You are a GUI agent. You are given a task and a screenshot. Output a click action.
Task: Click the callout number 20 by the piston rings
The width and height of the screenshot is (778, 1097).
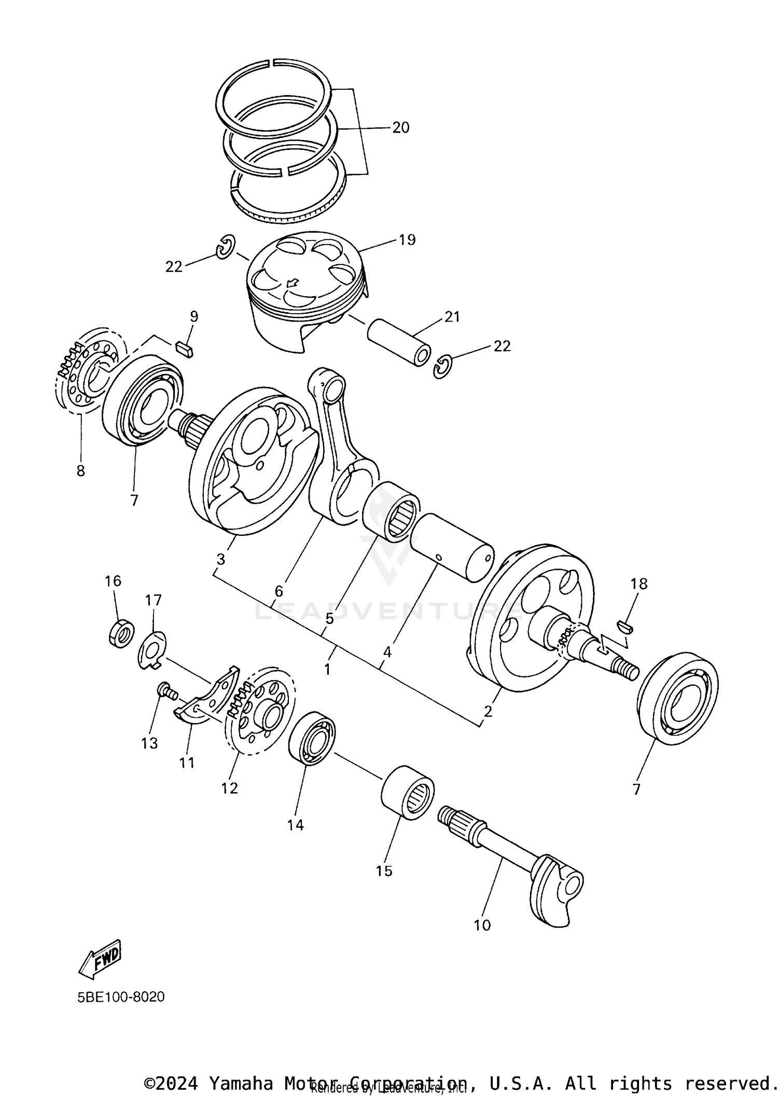click(400, 128)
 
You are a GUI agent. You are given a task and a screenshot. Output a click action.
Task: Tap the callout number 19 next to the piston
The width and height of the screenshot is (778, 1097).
click(407, 240)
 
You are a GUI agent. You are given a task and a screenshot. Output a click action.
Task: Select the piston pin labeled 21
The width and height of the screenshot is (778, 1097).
click(398, 342)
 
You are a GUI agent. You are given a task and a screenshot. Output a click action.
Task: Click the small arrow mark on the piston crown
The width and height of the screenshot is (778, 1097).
click(293, 283)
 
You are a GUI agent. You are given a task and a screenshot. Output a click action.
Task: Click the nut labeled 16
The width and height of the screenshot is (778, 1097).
click(121, 633)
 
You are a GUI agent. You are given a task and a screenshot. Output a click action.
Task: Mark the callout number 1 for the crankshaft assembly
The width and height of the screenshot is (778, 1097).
click(327, 670)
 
